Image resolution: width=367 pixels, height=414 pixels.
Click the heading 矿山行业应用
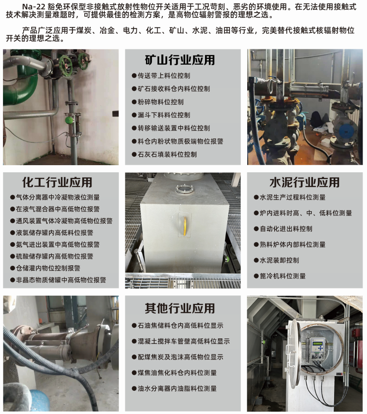point(180,60)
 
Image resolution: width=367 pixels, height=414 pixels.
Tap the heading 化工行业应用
point(57,182)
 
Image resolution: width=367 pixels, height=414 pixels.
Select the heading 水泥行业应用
point(305,182)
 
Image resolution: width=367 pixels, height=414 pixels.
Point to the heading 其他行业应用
point(180,308)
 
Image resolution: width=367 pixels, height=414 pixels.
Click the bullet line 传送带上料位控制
point(161,76)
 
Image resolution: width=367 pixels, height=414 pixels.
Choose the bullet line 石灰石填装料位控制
point(164,155)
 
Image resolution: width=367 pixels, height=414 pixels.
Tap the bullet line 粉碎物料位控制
point(158,102)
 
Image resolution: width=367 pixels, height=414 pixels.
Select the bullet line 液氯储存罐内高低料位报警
point(51,233)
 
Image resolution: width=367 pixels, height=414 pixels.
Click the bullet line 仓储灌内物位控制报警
point(45,268)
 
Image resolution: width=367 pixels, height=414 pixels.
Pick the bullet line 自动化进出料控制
point(283,229)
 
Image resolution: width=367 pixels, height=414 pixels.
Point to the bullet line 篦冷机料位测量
point(280,276)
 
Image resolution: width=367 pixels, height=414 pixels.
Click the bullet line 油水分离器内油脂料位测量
point(174,389)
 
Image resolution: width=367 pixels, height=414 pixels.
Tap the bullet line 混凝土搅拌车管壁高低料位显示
point(181,341)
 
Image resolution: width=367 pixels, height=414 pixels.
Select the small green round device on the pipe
point(69,120)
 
